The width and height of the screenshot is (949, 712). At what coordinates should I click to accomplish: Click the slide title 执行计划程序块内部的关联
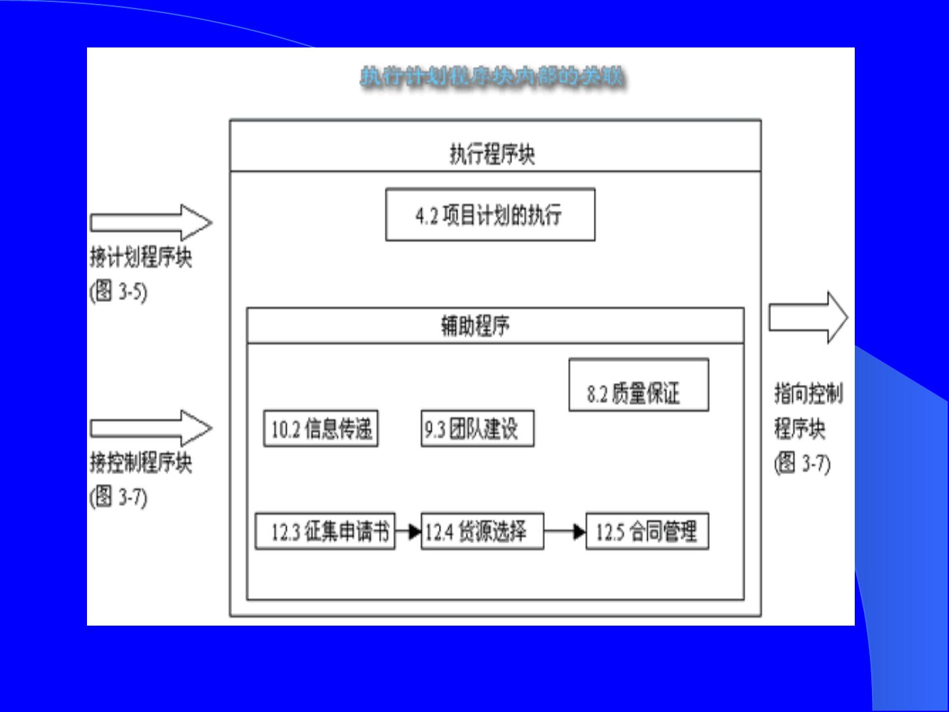(492, 77)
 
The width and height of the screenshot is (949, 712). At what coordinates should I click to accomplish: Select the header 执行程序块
(492, 154)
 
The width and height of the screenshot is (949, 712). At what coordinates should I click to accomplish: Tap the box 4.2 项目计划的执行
(490, 215)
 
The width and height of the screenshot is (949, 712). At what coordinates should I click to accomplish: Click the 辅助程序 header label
(475, 326)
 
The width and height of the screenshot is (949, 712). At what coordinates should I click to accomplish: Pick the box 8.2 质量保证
(638, 386)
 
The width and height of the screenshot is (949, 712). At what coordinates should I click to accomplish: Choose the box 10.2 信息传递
(321, 429)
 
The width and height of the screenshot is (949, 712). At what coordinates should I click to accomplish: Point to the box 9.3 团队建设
(477, 429)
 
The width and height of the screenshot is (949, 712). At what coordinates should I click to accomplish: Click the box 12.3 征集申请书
(326, 531)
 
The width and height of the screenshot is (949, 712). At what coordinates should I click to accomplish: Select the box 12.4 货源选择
(482, 531)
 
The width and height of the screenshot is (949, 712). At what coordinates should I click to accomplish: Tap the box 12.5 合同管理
(647, 531)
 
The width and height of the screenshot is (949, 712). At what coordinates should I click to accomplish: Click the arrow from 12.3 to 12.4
(409, 531)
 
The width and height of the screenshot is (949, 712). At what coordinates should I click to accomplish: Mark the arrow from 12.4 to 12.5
(565, 531)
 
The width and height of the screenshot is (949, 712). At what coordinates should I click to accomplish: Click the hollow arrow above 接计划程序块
(151, 222)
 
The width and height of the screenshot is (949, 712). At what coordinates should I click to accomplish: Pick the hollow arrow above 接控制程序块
(151, 428)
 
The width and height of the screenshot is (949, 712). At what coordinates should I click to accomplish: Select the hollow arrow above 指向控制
(808, 317)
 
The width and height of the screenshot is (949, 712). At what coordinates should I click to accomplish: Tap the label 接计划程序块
(141, 257)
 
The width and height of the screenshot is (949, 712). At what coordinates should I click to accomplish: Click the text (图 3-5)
(119, 291)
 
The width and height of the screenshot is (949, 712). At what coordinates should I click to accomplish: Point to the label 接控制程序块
(141, 463)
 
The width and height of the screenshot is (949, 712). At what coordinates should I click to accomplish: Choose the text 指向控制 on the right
(809, 394)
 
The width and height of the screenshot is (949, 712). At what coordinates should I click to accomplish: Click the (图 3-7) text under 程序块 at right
(802, 463)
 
